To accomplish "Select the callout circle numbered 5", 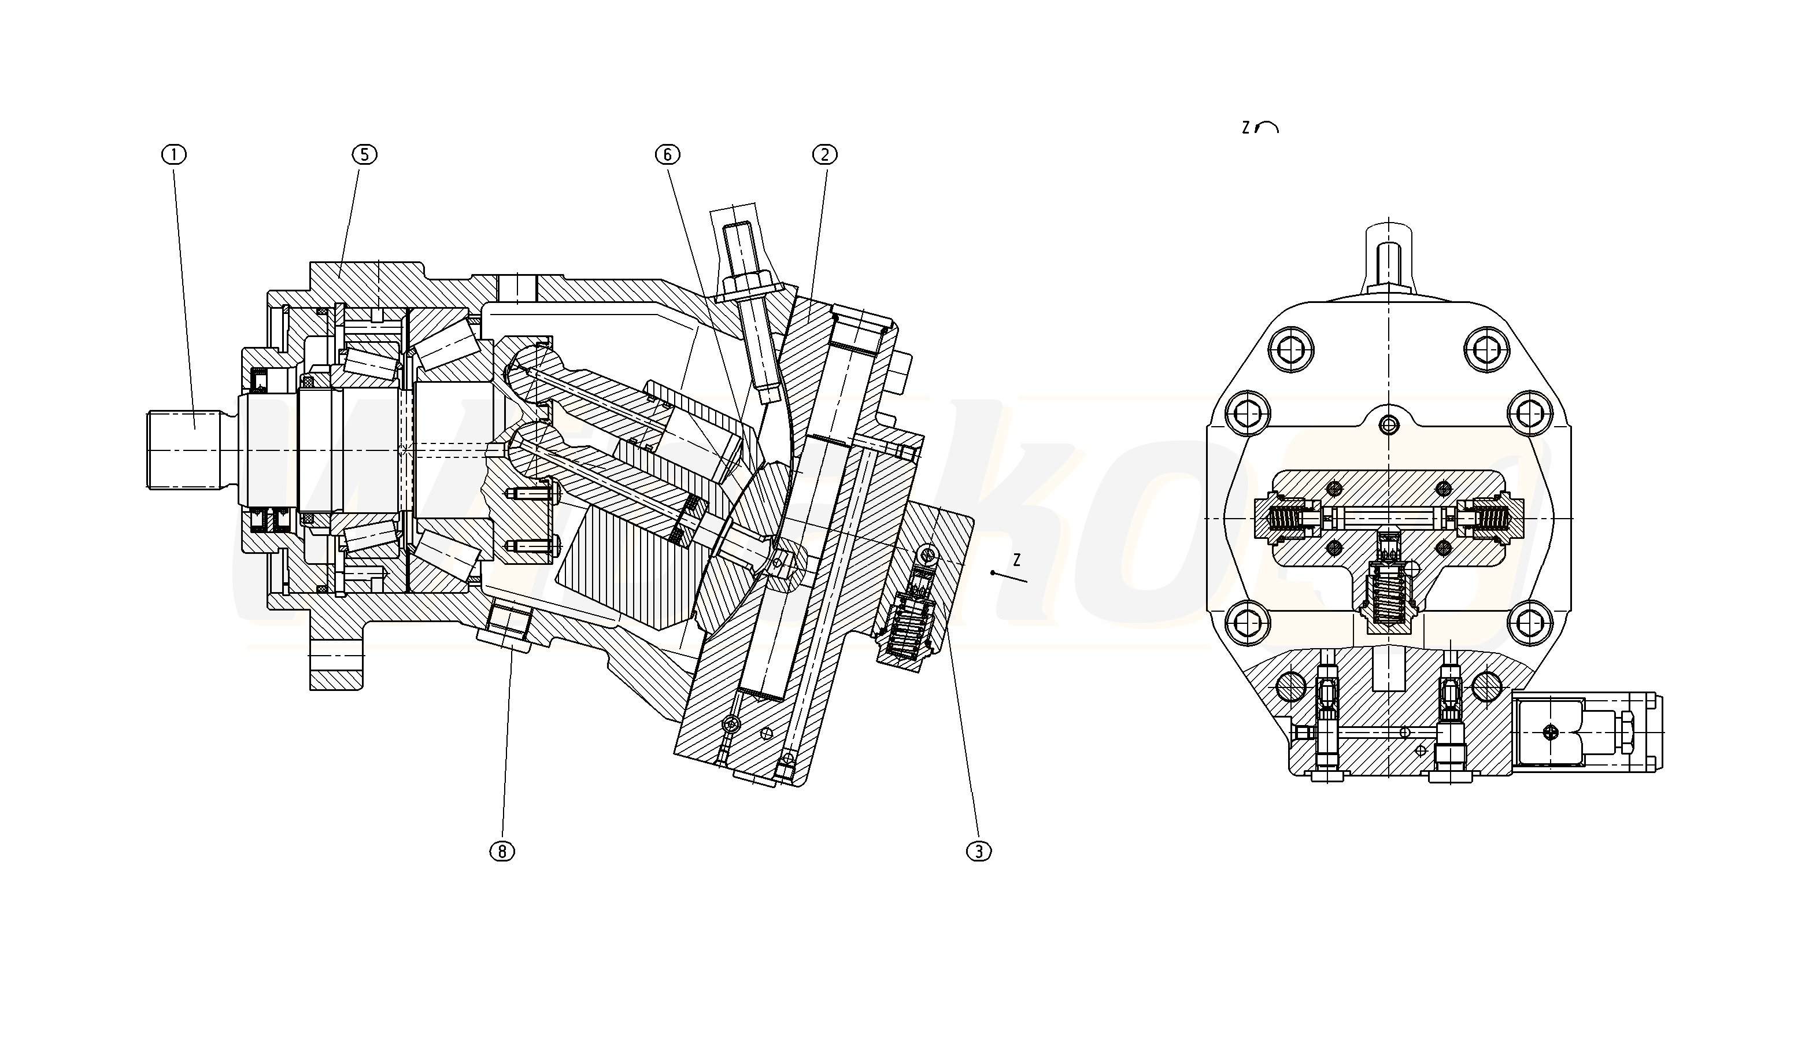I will (364, 154).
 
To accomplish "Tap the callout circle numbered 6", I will (668, 154).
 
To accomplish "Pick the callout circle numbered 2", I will (825, 154).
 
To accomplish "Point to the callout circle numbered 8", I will (502, 851).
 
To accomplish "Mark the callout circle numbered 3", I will (979, 851).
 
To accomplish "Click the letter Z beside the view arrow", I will (1016, 560).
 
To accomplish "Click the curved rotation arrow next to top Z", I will (1268, 127).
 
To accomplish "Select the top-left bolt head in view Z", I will (1292, 350).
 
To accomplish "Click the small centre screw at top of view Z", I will (1389, 426).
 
